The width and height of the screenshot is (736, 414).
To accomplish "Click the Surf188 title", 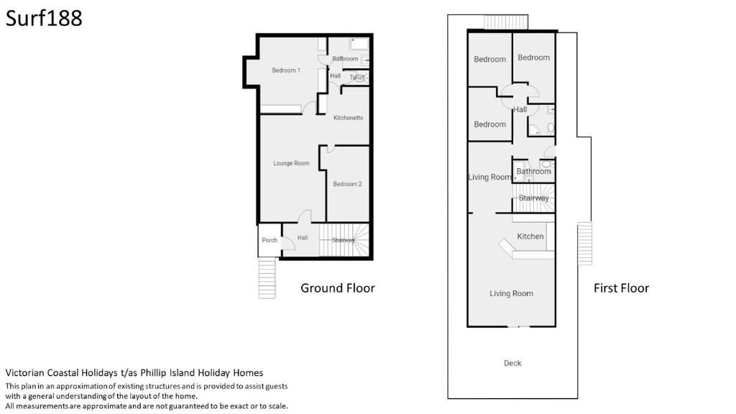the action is [44, 18].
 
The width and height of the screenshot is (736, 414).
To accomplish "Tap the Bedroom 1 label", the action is [286, 70].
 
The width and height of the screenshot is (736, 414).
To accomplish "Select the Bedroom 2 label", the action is [347, 184].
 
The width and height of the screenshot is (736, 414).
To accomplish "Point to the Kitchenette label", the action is [349, 118].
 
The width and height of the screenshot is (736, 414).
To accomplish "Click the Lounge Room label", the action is [292, 163].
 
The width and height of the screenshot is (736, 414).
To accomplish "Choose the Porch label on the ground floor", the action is [270, 240].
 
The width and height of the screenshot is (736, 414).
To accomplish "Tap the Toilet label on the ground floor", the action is [356, 78].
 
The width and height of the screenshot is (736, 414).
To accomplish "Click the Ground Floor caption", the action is [338, 287].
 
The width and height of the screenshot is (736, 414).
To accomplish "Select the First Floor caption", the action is [621, 287].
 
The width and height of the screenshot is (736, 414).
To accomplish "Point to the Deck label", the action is [512, 363].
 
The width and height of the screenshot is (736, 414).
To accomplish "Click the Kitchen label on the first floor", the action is [530, 236].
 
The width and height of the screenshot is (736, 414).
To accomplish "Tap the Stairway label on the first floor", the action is [534, 198].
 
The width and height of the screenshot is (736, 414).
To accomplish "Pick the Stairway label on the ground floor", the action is [344, 240].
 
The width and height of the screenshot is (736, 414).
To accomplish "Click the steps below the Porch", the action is [267, 278].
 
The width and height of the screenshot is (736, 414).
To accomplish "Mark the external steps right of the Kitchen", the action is [585, 244].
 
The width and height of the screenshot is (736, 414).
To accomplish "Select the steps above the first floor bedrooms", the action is [506, 22].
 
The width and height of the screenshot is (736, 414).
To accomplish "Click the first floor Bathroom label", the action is [534, 171].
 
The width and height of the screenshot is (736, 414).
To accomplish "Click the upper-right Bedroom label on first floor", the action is [534, 57].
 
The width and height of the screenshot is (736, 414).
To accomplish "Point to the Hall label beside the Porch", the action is [303, 238].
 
